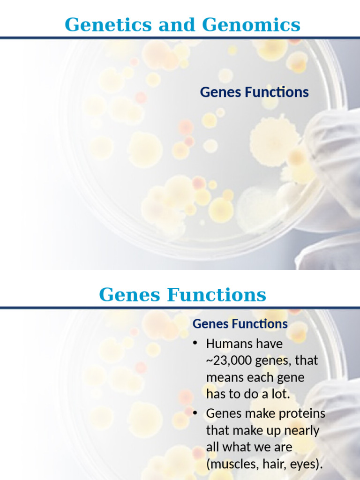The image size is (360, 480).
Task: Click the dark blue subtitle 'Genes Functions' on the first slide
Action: point(254,92)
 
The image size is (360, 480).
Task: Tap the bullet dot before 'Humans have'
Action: point(195,344)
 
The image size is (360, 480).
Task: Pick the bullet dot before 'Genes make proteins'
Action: point(195,413)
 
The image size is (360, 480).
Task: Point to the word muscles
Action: point(232,465)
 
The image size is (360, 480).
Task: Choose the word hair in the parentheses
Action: point(277,465)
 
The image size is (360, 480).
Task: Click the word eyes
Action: point(307,465)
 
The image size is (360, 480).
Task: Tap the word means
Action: point(223,377)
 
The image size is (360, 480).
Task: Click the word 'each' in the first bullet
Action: point(258,377)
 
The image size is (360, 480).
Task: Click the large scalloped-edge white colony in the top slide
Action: point(274,138)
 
